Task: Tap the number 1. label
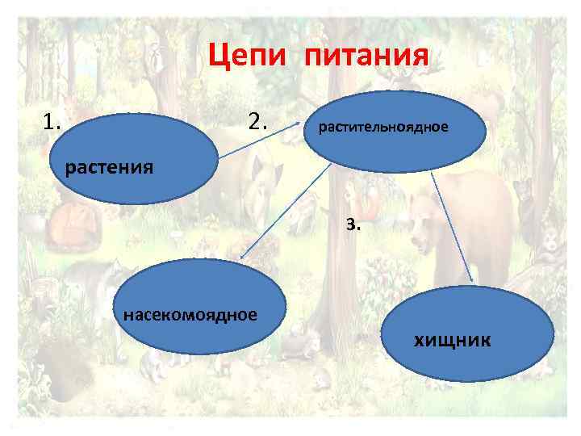coord(53,123)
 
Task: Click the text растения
coord(109,168)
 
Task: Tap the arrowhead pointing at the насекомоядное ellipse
coord(243,257)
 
